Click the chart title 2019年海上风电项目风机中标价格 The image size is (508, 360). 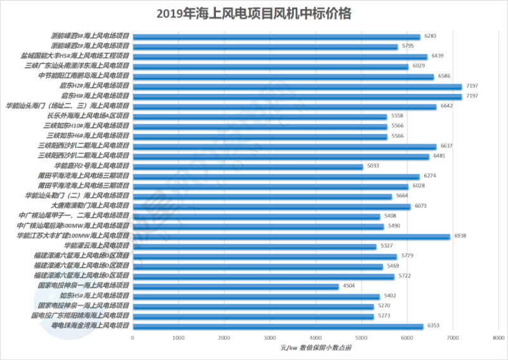[x=253, y=13]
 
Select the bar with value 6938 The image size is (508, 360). [x=291, y=236]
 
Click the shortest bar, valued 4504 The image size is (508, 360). [x=236, y=286]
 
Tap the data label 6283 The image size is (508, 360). [x=431, y=36]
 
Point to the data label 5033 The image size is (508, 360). [x=373, y=166]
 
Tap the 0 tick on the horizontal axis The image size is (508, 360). [x=133, y=338]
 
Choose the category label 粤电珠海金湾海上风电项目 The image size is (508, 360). [x=91, y=325]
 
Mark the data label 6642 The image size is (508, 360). [x=447, y=106]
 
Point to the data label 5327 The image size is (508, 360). [x=387, y=245]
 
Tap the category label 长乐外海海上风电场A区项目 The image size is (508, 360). [x=88, y=116]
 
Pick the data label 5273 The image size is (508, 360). [x=384, y=316]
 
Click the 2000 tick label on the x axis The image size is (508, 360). [x=224, y=338]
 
